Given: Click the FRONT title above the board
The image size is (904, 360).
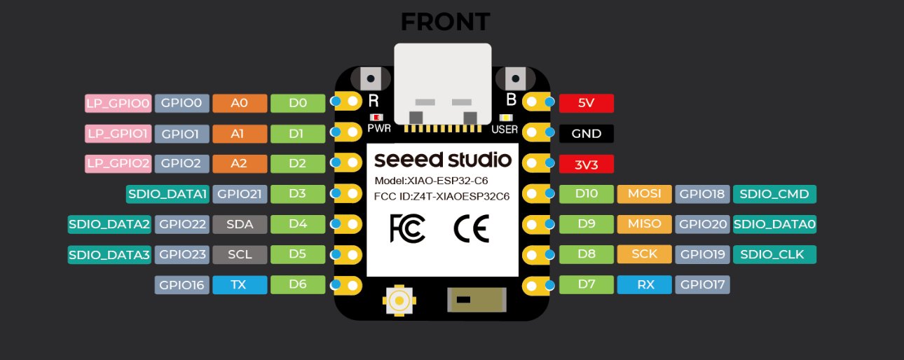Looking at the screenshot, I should [x=444, y=22].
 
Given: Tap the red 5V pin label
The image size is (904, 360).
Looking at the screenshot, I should [x=586, y=103].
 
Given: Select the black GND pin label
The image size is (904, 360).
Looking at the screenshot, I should [x=586, y=134].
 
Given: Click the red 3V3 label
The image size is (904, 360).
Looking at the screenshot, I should [x=586, y=164].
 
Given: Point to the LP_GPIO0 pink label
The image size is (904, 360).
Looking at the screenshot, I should [x=118, y=104].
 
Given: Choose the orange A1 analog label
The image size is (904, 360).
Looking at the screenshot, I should [x=239, y=134].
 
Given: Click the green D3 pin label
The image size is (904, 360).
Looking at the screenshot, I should [x=298, y=194].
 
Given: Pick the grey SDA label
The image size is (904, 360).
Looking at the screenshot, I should [x=239, y=224].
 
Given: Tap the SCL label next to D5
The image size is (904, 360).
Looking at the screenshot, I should [x=239, y=254].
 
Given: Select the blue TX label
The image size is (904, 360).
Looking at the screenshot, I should [x=239, y=284].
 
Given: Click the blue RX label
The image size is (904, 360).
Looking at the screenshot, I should [x=645, y=284].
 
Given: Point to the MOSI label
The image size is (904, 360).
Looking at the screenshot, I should [x=645, y=194].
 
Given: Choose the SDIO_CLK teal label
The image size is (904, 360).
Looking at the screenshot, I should [x=775, y=254].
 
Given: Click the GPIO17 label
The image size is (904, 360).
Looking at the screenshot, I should [x=702, y=284].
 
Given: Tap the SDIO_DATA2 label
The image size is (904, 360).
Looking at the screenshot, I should [x=109, y=224].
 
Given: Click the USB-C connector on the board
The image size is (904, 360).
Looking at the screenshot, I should [x=442, y=83].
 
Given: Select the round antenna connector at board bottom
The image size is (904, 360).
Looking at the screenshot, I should [x=399, y=300].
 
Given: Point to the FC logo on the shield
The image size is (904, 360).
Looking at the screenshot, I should [x=406, y=228].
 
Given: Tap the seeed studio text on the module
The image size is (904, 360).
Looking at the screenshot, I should [x=442, y=159].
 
